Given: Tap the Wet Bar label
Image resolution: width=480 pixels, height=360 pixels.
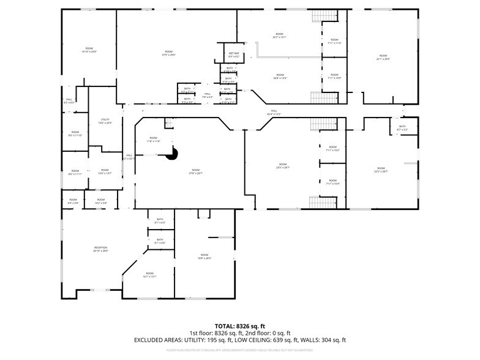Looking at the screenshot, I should click(233, 55).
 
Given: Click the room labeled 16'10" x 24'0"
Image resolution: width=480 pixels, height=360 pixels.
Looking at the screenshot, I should click(89, 50).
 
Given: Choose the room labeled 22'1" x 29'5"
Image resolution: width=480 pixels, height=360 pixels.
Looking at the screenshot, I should click(383, 58).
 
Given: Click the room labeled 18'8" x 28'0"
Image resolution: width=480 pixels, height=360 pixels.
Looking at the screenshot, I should click(204, 257).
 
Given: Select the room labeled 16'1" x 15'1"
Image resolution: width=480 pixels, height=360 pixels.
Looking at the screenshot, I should click(150, 275).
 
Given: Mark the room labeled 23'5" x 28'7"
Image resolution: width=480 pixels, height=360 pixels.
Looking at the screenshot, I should click(282, 166).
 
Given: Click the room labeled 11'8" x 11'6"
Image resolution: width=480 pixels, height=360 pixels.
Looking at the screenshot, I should click(152, 141).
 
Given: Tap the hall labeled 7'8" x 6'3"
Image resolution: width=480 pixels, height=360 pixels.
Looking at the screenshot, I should click(208, 96).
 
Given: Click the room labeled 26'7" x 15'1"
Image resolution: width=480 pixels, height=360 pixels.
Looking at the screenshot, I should click(279, 36).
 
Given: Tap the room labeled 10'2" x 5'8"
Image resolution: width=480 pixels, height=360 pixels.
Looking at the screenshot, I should click(101, 201).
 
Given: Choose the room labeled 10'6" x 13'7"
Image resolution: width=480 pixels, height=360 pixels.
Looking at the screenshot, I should click(105, 171).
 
